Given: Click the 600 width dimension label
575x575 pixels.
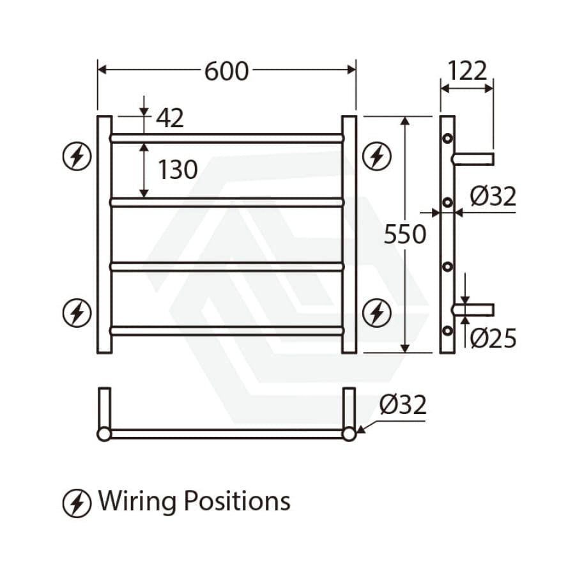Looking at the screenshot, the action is click(226, 71).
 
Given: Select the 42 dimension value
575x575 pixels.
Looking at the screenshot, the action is click(170, 118).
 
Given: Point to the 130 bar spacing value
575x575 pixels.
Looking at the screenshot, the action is click(178, 169).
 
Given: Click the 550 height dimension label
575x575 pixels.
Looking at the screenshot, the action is click(405, 234).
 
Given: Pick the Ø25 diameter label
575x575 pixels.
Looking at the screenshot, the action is click(493, 338).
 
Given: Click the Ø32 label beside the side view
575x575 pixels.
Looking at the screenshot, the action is click(493, 196).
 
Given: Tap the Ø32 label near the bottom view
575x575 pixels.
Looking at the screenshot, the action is click(403, 404).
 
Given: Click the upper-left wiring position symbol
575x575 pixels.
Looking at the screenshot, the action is click(77, 156).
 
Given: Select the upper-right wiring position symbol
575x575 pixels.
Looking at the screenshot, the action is click(376, 156).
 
